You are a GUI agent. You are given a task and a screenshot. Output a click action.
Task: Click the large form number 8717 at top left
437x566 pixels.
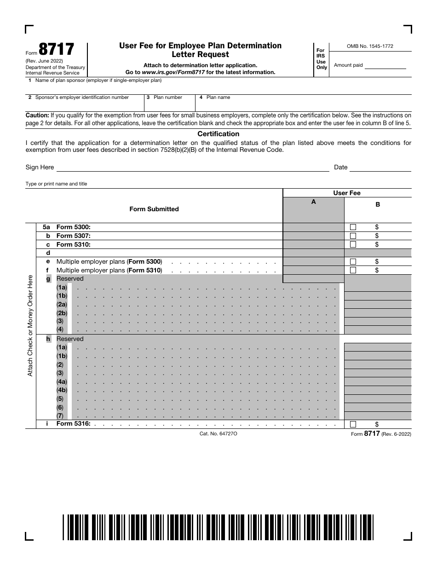tap(56, 49)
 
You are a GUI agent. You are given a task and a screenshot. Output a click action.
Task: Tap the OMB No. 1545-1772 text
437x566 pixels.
tap(369, 46)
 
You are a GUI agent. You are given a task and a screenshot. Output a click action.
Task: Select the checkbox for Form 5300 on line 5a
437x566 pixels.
tap(353, 227)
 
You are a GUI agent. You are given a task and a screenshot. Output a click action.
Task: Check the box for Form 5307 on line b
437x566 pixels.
tap(353, 236)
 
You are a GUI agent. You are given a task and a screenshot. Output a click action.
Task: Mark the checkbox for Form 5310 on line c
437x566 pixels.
tap(353, 245)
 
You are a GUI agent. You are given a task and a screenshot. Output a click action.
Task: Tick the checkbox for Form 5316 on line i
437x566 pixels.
tap(353, 424)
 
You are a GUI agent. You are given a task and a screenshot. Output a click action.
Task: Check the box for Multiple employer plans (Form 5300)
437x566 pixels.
tap(353, 262)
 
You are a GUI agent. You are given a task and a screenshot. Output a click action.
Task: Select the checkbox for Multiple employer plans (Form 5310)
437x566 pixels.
tap(353, 271)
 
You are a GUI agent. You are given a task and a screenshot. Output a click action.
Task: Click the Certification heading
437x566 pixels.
tap(218, 134)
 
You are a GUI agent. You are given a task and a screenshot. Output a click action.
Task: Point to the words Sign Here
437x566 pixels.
tap(40, 167)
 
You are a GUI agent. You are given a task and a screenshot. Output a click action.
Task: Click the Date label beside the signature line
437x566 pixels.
tap(340, 167)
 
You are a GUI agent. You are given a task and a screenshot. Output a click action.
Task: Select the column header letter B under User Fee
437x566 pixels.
tap(378, 205)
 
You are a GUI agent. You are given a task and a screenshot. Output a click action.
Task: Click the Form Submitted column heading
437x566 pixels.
tap(154, 209)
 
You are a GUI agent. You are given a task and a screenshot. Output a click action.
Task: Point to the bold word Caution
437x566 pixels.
tap(37, 116)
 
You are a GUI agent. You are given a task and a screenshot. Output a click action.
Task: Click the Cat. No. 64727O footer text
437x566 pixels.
tap(218, 434)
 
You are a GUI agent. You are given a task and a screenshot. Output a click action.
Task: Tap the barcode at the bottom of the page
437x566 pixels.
tap(218, 526)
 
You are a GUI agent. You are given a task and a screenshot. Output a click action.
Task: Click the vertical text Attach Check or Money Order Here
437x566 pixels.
tap(30, 325)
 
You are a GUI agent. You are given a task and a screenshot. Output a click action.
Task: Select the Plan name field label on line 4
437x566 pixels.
tap(218, 98)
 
